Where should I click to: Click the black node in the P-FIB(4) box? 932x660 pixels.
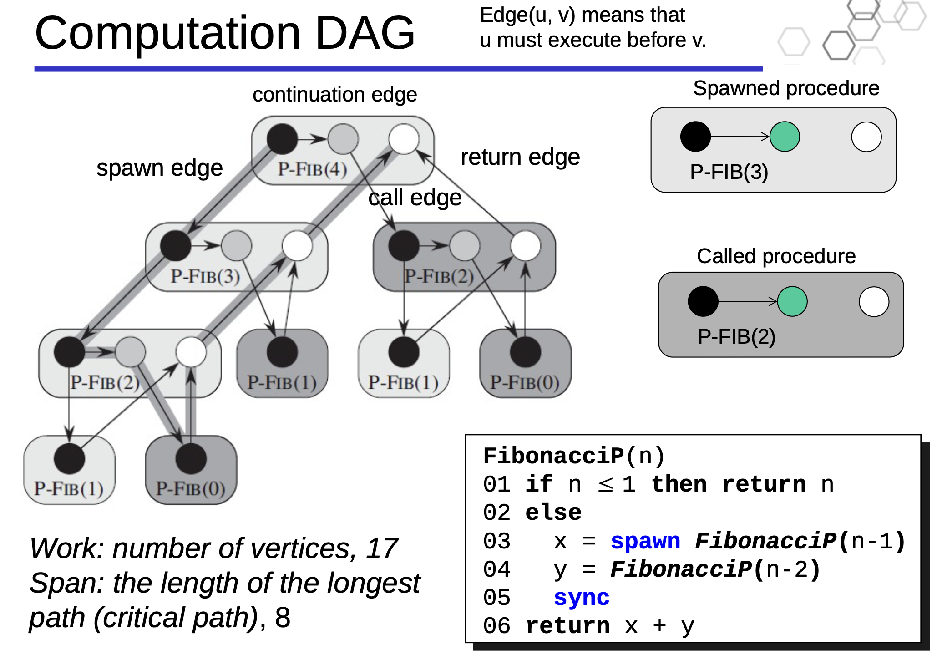click(x=282, y=139)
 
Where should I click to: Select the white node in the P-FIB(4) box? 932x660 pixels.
click(x=404, y=139)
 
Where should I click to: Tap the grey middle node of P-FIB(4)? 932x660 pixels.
click(x=343, y=139)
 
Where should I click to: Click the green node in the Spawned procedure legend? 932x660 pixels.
click(x=785, y=137)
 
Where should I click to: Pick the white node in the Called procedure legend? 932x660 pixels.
click(x=874, y=301)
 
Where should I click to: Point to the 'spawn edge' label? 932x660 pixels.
click(x=160, y=168)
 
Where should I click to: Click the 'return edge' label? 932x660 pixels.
click(x=520, y=157)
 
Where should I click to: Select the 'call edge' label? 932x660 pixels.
click(x=415, y=198)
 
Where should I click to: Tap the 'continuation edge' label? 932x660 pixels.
click(x=335, y=95)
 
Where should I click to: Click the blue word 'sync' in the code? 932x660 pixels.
click(x=582, y=597)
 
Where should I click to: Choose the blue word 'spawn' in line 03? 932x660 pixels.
click(x=645, y=541)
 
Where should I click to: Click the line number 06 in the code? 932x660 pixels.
click(x=497, y=626)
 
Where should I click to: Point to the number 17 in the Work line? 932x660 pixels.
click(x=382, y=548)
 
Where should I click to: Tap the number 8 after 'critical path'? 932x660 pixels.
click(x=283, y=618)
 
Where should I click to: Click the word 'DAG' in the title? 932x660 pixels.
click(x=365, y=33)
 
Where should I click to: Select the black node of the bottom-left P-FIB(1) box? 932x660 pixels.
click(x=69, y=458)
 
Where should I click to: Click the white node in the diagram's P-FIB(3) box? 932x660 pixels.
click(x=297, y=245)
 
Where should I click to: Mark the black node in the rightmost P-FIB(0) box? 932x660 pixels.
click(x=525, y=352)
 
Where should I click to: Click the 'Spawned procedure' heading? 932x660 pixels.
click(x=786, y=88)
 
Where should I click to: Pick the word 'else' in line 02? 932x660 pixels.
click(x=553, y=513)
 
